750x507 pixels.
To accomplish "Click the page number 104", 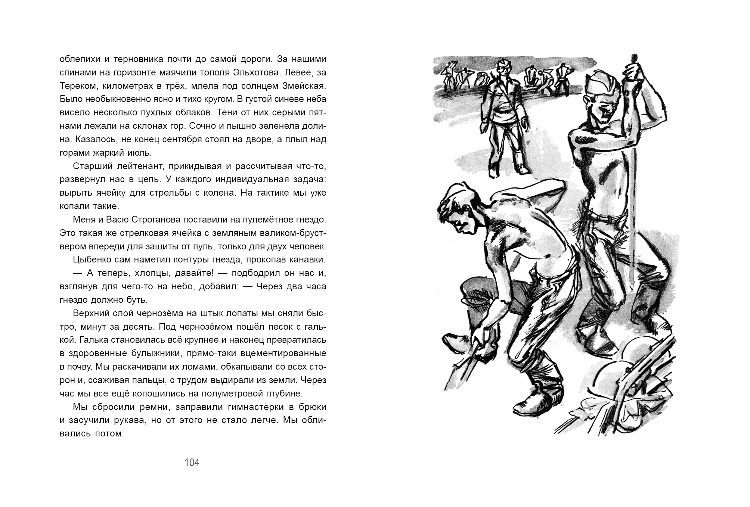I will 192,463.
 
